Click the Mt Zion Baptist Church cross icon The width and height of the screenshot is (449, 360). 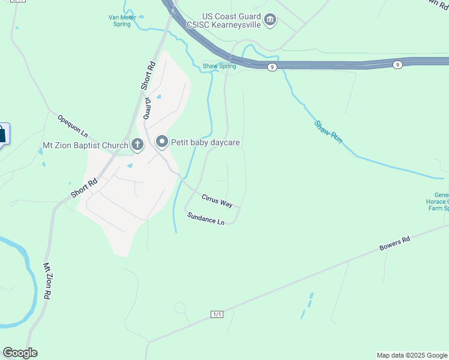[x=137, y=145]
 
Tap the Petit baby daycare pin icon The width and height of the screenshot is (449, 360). [x=161, y=142]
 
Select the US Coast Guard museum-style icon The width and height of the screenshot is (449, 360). [x=270, y=20]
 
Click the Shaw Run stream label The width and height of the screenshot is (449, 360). [x=328, y=131]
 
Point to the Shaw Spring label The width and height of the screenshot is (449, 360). [x=219, y=66]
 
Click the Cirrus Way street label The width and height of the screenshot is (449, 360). [x=217, y=200]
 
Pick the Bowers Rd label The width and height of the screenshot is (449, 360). [x=394, y=243]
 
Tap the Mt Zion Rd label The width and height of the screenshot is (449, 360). [x=47, y=281]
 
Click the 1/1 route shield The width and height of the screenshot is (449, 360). [x=217, y=314]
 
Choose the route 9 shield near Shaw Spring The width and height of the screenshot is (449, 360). [x=273, y=67]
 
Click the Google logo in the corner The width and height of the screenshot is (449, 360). [x=20, y=353]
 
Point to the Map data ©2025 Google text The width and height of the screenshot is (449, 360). [x=412, y=355]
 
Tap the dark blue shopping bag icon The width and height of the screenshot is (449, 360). [x=2, y=133]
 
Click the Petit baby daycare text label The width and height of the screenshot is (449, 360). [x=205, y=143]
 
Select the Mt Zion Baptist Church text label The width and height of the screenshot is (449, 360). [x=85, y=145]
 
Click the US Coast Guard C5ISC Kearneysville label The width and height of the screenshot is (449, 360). [x=223, y=20]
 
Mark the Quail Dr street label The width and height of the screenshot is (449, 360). [x=146, y=109]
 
